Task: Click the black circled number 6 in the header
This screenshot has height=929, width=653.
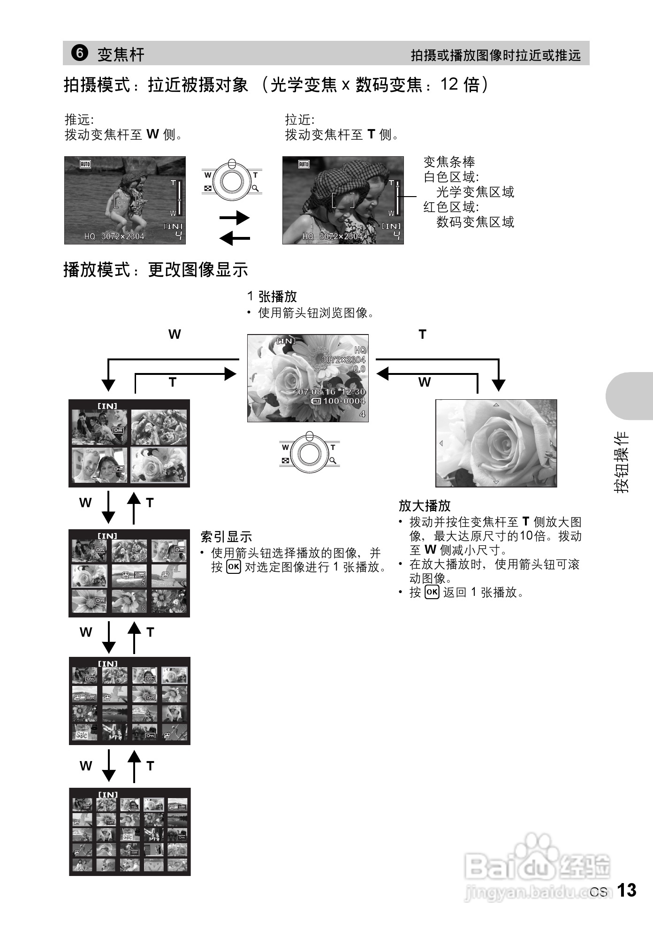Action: (79, 53)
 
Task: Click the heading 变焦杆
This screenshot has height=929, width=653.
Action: (121, 54)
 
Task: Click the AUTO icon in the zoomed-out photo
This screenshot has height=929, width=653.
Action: (85, 164)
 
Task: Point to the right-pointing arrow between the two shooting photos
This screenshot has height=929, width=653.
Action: (234, 218)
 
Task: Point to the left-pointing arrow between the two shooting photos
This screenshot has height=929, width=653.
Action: (234, 239)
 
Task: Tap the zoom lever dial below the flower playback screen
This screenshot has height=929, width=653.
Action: (309, 452)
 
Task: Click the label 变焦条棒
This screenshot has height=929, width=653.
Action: (449, 162)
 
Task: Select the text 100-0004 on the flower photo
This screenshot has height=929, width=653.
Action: (344, 401)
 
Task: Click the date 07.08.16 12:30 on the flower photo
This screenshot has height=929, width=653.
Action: (331, 392)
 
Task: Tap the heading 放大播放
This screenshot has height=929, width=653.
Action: (424, 506)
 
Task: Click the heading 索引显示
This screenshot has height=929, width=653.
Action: (226, 537)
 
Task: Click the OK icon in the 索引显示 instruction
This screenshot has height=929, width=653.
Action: (233, 567)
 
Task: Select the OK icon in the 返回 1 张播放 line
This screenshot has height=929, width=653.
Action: (432, 592)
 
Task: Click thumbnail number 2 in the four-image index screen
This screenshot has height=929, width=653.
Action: (159, 427)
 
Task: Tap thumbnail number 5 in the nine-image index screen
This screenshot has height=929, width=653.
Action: (129, 576)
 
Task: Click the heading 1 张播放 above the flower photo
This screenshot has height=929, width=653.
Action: (272, 297)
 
